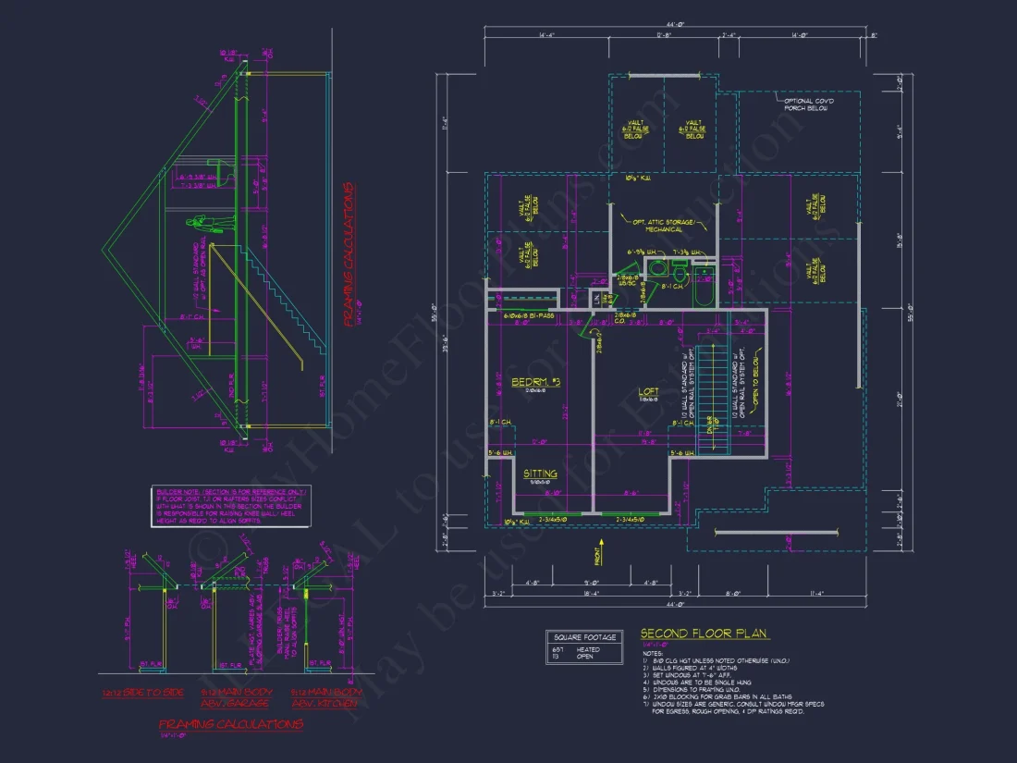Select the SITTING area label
[541, 473]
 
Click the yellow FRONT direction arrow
[595, 557]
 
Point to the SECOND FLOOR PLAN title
[705, 634]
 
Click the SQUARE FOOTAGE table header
[585, 637]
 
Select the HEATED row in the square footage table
[578, 649]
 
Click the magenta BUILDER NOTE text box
[231, 506]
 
